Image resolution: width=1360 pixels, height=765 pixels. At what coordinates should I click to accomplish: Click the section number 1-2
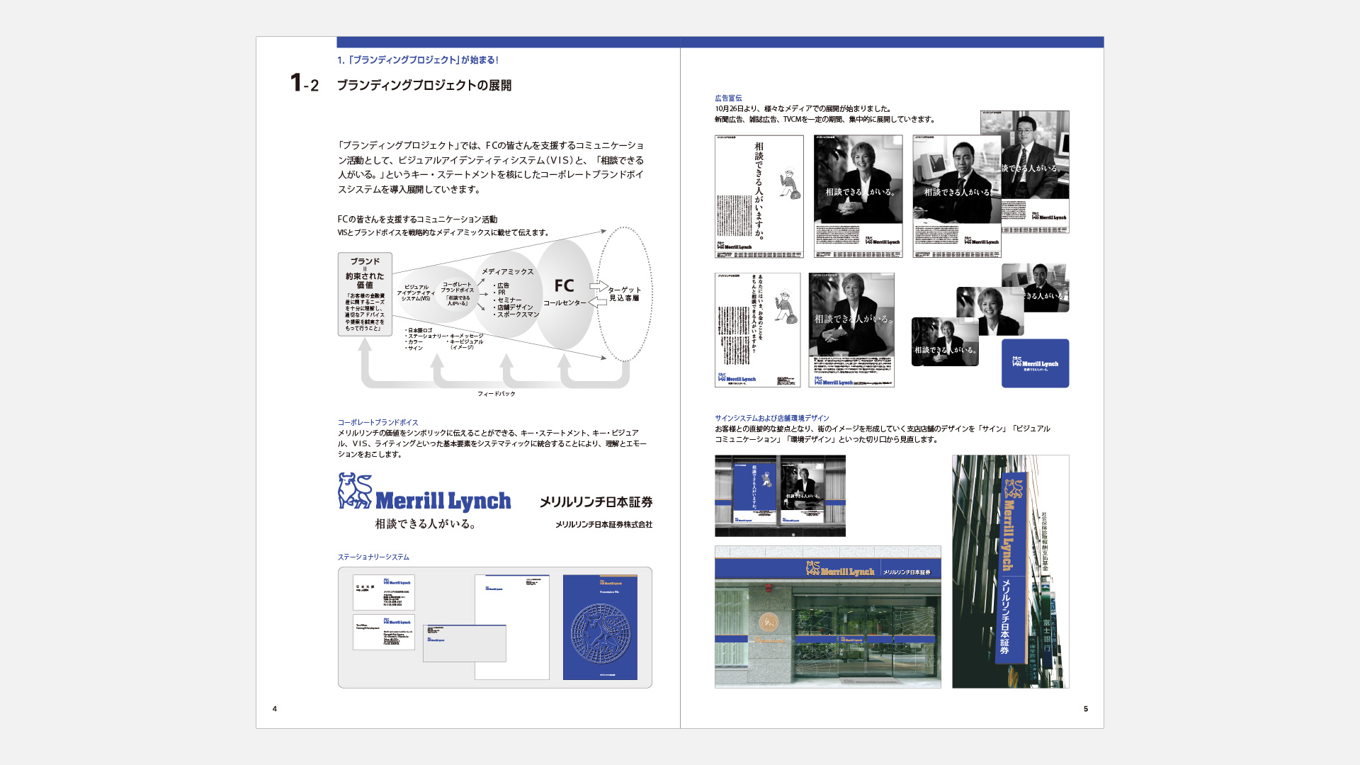[x=305, y=84]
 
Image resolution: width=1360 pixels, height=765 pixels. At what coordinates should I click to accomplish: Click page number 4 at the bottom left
[x=275, y=708]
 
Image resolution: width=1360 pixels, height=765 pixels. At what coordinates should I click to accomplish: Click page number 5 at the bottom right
[x=1085, y=708]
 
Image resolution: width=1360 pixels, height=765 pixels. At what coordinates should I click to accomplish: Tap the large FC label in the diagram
[x=564, y=285]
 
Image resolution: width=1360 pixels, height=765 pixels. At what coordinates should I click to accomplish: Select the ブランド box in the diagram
[x=365, y=293]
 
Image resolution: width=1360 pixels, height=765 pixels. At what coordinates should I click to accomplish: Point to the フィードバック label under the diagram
[x=496, y=394]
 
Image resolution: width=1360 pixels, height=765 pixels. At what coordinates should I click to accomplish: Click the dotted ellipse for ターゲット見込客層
[x=624, y=294]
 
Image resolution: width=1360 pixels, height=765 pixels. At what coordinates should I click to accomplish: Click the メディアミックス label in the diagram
[x=507, y=271]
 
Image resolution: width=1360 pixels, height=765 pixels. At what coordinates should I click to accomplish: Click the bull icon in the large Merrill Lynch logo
[x=355, y=491]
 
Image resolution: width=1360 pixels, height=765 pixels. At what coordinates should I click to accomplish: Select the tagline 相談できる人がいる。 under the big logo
[x=425, y=524]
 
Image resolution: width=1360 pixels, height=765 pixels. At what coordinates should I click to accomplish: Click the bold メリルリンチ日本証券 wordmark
[x=596, y=502]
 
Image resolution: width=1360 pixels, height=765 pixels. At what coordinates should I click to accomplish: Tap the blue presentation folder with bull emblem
[x=600, y=627]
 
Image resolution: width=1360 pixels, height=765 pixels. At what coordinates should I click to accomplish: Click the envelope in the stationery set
[x=464, y=643]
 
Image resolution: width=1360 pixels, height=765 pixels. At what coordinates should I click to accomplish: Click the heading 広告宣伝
[x=728, y=98]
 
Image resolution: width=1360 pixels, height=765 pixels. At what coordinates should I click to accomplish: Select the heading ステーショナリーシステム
[x=373, y=557]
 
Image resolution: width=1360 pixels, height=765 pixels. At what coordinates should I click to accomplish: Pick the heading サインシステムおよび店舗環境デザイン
[x=771, y=419]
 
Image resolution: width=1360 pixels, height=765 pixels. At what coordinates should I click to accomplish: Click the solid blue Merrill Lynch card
[x=1035, y=363]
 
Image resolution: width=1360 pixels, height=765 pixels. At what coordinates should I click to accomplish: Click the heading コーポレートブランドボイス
[x=378, y=423]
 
